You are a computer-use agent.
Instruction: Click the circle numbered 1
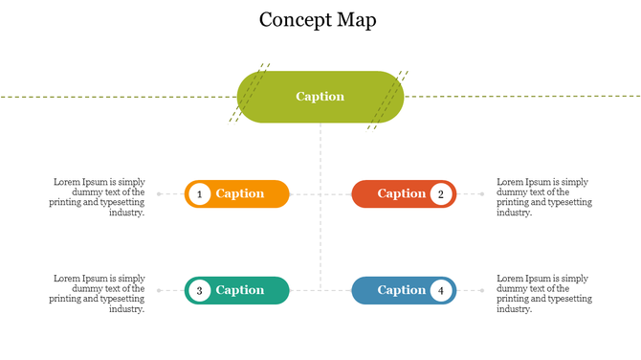pos(199,194)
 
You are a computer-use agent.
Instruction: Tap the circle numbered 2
pos(441,194)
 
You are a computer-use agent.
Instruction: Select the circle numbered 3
pos(199,290)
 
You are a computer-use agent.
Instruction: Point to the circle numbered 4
pos(441,290)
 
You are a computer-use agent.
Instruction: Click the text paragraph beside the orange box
pos(99,197)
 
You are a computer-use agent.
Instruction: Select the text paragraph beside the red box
pos(543,197)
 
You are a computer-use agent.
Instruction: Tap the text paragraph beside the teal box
pos(99,293)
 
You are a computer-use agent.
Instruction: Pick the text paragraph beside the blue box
pos(543,293)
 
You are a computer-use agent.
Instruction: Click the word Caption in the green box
pos(320,97)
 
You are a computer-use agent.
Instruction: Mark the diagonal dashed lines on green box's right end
pos(390,98)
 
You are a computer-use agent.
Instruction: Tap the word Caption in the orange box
pos(239,193)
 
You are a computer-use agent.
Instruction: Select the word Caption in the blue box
pos(401,290)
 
